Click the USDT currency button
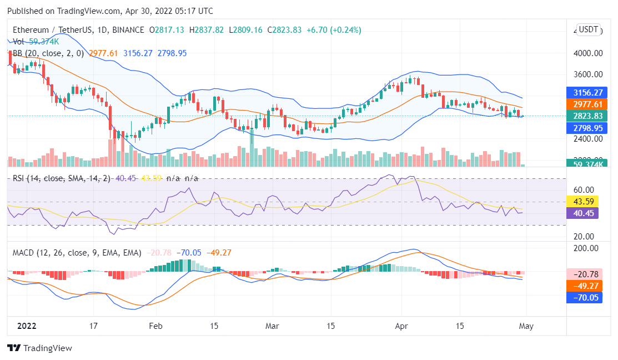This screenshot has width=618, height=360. coord(588,29)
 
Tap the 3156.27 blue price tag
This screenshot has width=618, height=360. coord(584,92)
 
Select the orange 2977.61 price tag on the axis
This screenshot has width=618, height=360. coord(584,104)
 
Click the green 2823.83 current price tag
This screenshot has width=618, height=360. coord(584,116)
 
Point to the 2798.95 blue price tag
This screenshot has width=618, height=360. coord(584,128)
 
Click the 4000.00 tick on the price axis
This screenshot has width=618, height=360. coord(588,53)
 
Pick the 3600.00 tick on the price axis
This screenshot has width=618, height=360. coord(588,74)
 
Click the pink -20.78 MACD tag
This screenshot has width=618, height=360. coord(584,274)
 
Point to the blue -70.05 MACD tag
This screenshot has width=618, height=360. coord(584,297)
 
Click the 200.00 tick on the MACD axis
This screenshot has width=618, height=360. coord(586,248)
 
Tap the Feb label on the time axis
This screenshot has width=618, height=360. coord(155,326)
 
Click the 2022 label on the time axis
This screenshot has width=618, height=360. coord(26,326)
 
